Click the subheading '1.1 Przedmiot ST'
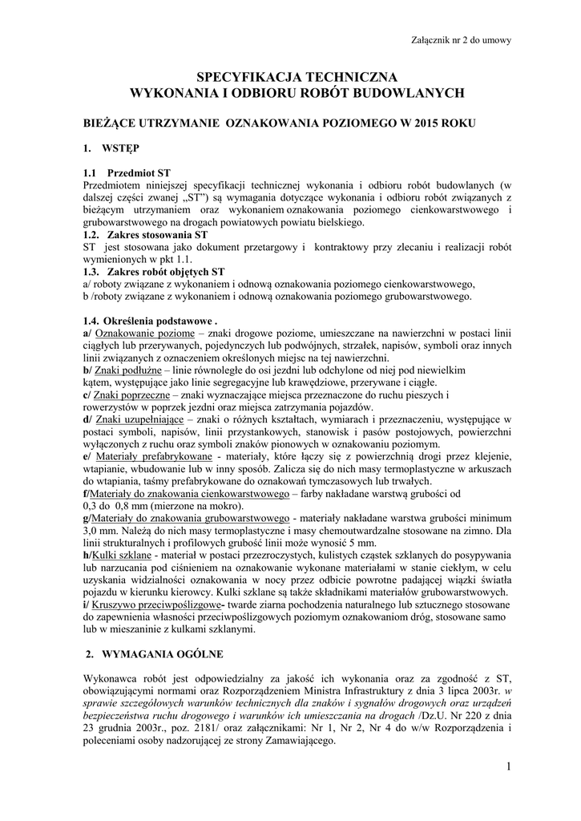coord(127,172)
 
